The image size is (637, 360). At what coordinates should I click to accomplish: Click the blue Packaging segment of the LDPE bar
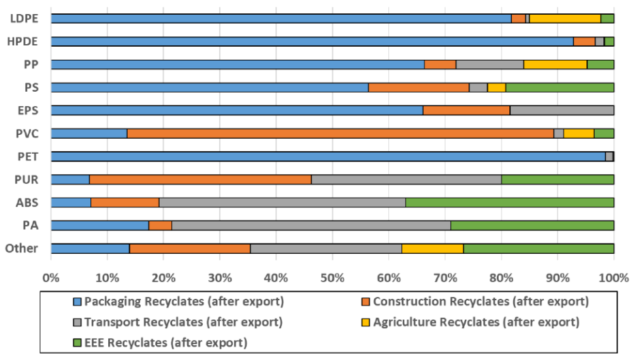(x=281, y=18)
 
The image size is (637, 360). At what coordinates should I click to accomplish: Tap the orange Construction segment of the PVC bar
(x=340, y=133)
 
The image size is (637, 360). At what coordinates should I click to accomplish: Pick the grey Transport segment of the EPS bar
(x=562, y=110)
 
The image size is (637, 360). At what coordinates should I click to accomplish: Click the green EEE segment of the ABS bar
(x=510, y=203)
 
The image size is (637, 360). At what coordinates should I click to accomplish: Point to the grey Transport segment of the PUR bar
(x=406, y=180)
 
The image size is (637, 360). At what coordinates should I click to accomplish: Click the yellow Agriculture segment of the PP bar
(x=555, y=64)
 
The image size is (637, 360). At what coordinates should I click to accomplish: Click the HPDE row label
(x=24, y=41)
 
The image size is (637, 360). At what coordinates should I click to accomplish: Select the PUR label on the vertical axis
(x=27, y=179)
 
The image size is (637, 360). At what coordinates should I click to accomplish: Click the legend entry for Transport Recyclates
(x=176, y=321)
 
